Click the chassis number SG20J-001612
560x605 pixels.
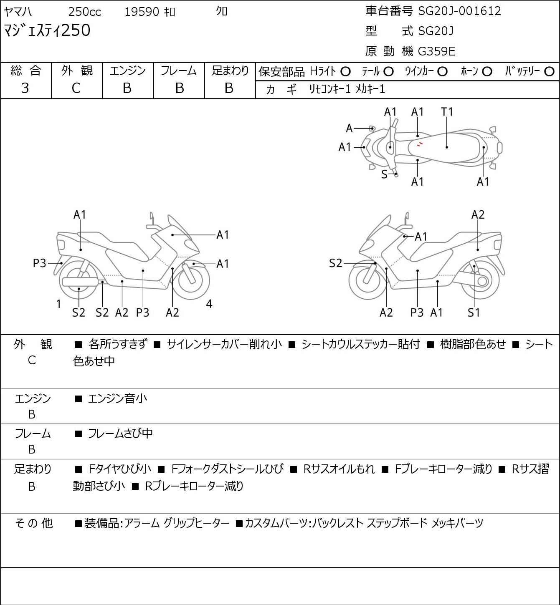pyautogui.click(x=459, y=11)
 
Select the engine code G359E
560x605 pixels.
pyautogui.click(x=436, y=51)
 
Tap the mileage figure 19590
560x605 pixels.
pyautogui.click(x=142, y=12)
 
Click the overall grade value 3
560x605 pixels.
pyautogui.click(x=25, y=88)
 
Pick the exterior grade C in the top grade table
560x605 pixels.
pyautogui.click(x=76, y=88)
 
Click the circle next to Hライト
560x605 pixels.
pyautogui.click(x=345, y=72)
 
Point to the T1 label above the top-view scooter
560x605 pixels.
pyautogui.click(x=447, y=112)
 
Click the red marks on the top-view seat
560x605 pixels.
pyautogui.click(x=420, y=144)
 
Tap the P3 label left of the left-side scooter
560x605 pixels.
pyautogui.click(x=40, y=263)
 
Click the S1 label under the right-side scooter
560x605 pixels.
pyautogui.click(x=474, y=313)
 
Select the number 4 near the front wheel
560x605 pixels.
pyautogui.click(x=209, y=304)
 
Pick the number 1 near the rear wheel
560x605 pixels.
pyautogui.click(x=59, y=304)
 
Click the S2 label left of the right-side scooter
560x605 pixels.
pyautogui.click(x=335, y=263)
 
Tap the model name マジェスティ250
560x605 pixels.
pyautogui.click(x=47, y=31)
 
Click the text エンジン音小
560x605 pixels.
pyautogui.click(x=117, y=399)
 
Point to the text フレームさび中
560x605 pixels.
pyautogui.click(x=120, y=434)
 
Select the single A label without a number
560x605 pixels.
pyautogui.click(x=349, y=128)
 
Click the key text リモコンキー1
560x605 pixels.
pyautogui.click(x=329, y=89)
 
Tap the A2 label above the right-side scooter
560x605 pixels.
pyautogui.click(x=478, y=214)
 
